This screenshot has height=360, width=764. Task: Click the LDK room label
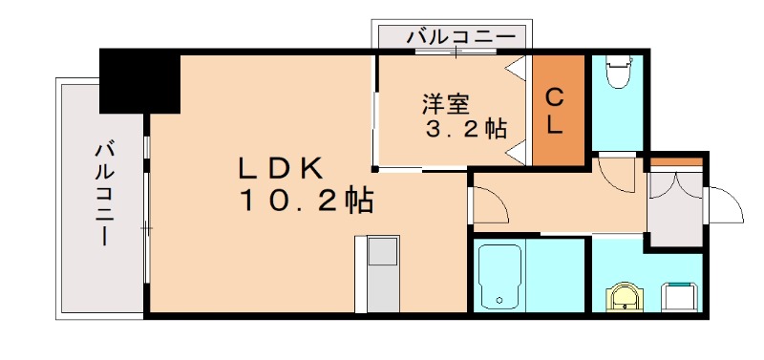pos(283,167)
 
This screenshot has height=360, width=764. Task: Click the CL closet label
pos(556,110)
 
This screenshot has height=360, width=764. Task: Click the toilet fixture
pos(618,73)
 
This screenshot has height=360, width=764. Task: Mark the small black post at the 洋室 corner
pos(375,170)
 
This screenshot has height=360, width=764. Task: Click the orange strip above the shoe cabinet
pos(676,168)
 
